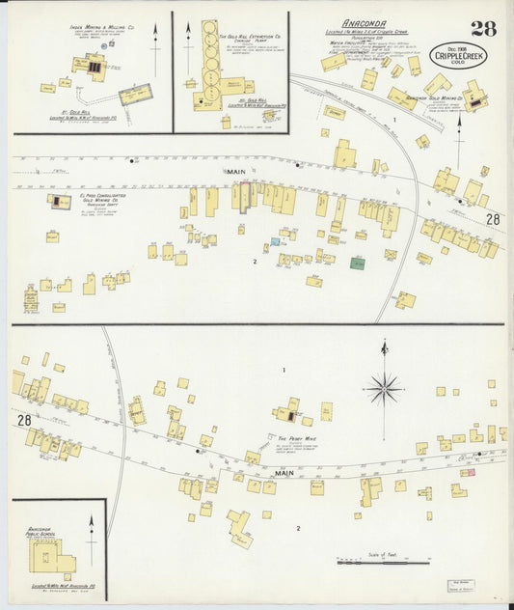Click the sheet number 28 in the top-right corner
(482, 27)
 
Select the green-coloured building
(358, 263)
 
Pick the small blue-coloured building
(276, 241)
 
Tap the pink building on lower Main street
(468, 471)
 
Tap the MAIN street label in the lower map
(284, 473)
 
